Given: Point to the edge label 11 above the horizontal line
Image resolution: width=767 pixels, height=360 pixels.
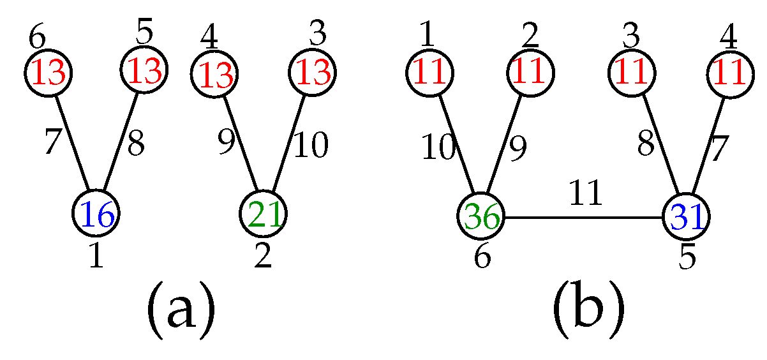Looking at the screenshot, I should [x=585, y=193].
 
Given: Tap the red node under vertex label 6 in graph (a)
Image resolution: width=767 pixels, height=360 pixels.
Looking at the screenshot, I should [x=49, y=74].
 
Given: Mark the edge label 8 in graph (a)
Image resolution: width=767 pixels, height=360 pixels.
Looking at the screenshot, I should [x=135, y=145].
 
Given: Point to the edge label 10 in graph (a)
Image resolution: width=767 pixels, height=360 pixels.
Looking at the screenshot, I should [x=310, y=146].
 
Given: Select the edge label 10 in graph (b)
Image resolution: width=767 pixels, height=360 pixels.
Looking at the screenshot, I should [x=438, y=149].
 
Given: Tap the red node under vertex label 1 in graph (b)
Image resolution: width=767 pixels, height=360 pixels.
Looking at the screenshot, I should [x=429, y=74].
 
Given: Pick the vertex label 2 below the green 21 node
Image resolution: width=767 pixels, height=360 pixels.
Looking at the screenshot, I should [x=263, y=257].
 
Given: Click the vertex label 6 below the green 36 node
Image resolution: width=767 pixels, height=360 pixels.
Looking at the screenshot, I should [x=482, y=258].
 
